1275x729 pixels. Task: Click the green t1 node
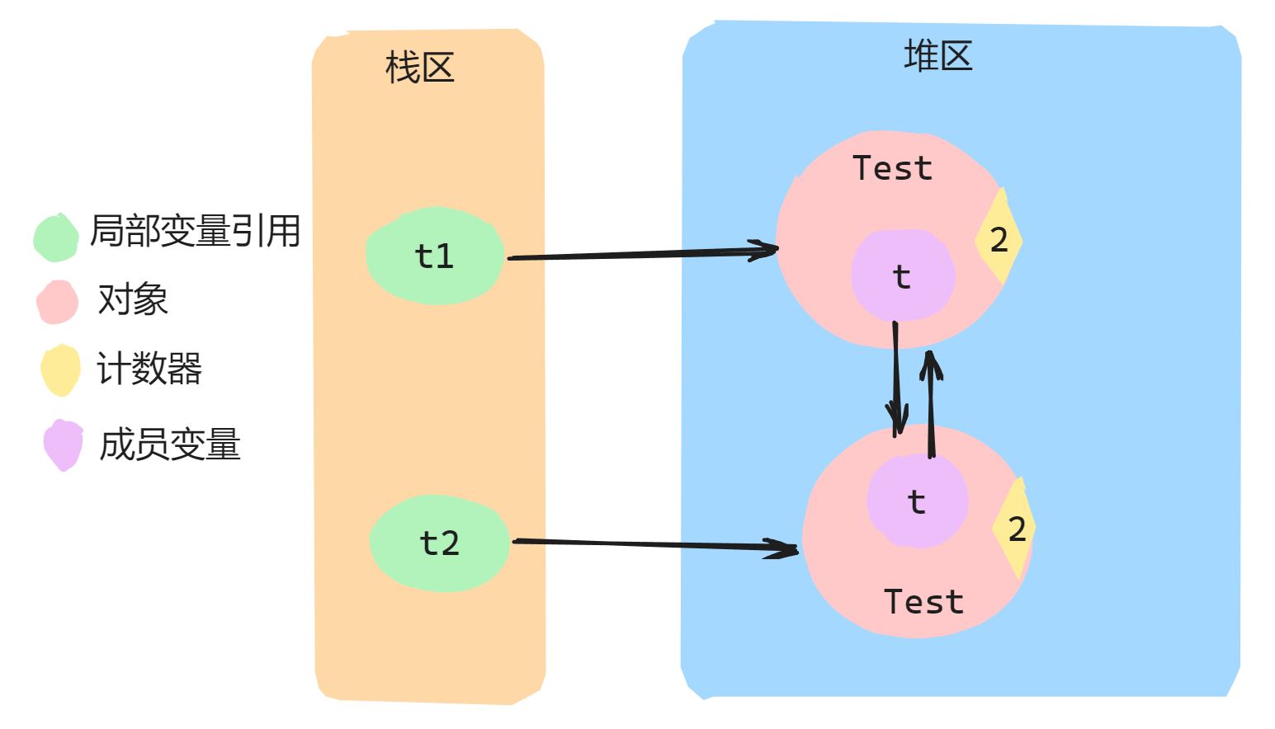coord(434,256)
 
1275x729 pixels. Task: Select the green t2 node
coord(438,543)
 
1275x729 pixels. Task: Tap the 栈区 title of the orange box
coord(420,67)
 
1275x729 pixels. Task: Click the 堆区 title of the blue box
coord(938,56)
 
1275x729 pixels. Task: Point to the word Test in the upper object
coord(892,168)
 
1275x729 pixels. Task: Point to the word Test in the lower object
coord(923,601)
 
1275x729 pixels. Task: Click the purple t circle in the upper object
coord(902,275)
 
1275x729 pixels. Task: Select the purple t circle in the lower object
coord(917,501)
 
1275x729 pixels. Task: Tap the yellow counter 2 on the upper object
coord(999,239)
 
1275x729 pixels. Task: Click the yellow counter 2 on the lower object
coord(1016,529)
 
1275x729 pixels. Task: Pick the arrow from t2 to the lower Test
coord(652,544)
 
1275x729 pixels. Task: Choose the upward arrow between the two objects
coord(931,404)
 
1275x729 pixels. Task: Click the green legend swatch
coord(56,238)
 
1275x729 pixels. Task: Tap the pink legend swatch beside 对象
coord(57,302)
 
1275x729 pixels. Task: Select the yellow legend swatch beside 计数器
coord(60,369)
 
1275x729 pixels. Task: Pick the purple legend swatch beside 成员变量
coord(64,444)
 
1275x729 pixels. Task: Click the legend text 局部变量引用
coord(195,231)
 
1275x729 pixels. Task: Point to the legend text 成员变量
coord(169,444)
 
